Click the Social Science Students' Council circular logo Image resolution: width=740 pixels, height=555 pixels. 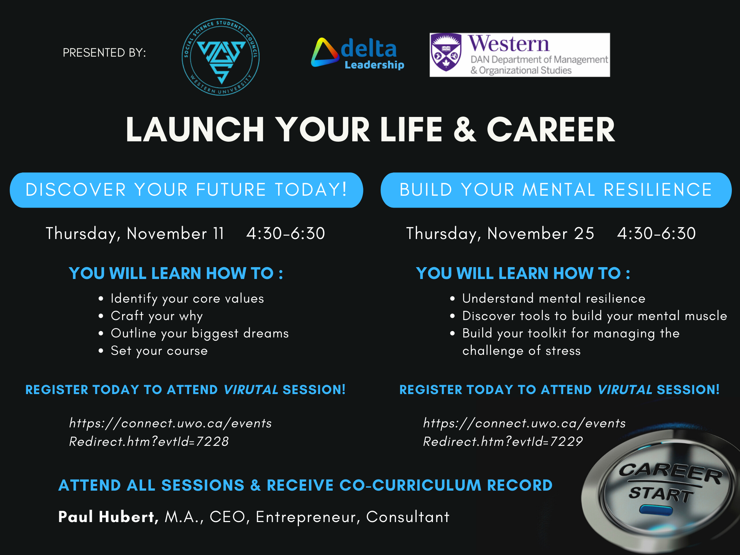221,57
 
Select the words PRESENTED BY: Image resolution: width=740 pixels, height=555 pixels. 104,53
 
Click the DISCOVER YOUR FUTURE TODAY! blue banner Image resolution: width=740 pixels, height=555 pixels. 186,190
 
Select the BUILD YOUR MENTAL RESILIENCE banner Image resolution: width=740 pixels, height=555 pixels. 556,190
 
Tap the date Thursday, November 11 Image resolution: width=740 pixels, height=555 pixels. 135,233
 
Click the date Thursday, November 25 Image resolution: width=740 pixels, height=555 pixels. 500,233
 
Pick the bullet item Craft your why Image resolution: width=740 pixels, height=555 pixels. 157,316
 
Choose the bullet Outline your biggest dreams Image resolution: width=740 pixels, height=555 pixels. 199,333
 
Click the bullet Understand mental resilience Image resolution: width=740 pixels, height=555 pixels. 554,298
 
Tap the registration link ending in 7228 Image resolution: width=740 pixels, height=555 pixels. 170,432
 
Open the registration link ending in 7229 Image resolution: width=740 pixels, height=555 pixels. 524,432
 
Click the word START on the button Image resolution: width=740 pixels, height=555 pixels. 661,494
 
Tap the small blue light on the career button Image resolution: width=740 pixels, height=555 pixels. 656,511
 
